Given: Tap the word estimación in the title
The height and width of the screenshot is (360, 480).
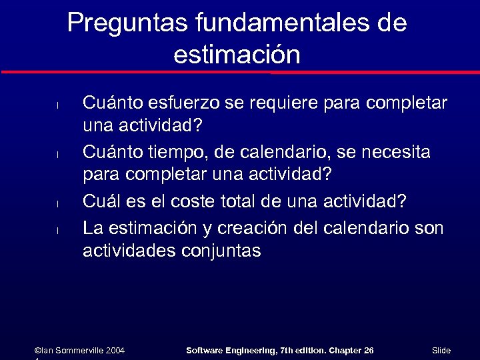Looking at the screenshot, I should coord(237,55).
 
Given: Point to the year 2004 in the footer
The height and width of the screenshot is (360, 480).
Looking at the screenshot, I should coord(115,351).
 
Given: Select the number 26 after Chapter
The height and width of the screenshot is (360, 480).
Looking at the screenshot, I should coord(369,351).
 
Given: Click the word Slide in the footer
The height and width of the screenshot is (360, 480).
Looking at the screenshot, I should coord(441,351).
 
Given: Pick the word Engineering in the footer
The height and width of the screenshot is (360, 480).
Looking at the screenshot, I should coord(247,351).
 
